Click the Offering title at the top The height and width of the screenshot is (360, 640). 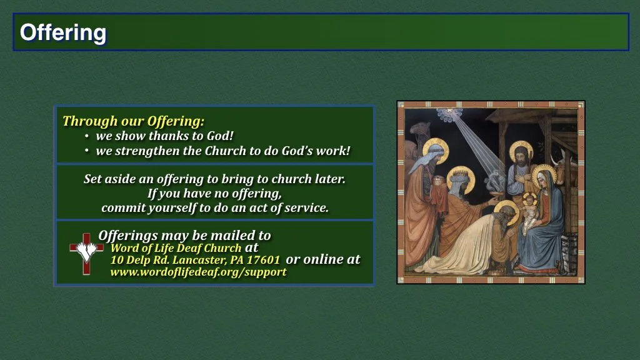pos(63,32)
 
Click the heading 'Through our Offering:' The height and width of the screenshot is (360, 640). pos(133,121)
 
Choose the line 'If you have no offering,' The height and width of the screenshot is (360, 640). pos(214,193)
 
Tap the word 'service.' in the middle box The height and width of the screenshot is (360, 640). pos(306,208)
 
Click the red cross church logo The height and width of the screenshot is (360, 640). pos(86,253)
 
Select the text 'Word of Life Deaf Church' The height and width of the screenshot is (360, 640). pos(176,248)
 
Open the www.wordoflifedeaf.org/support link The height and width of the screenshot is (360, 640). pos(198,272)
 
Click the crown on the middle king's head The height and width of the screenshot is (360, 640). pos(461,171)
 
